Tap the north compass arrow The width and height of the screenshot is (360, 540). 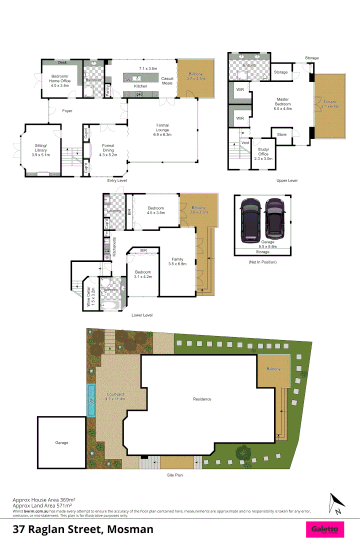[x=335, y=503]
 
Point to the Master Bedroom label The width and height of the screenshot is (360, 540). [x=282, y=104]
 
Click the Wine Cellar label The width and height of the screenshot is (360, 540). [x=90, y=296]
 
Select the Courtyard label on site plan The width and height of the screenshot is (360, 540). [x=115, y=396]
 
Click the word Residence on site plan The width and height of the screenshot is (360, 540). [x=202, y=399]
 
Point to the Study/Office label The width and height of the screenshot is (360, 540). [x=263, y=153]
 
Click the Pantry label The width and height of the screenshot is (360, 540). [x=108, y=90]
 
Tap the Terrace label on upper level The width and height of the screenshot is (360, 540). [x=330, y=104]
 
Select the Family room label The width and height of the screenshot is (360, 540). [x=177, y=261]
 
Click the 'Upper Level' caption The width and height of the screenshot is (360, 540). [x=286, y=180]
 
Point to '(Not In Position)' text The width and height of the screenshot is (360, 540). [x=262, y=262]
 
